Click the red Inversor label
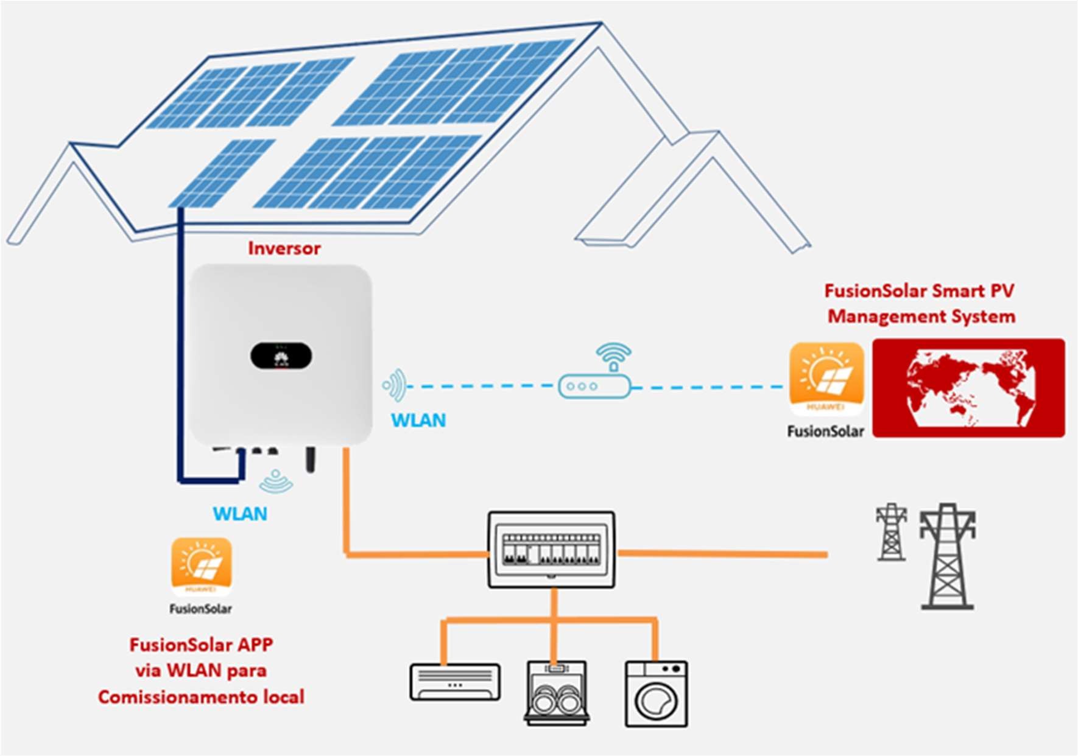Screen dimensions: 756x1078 tap(284, 248)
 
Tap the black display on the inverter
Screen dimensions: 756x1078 tap(281, 356)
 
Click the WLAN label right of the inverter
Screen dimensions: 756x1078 tap(418, 420)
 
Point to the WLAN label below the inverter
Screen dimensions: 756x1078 tap(240, 514)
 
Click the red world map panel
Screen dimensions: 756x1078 tap(968, 388)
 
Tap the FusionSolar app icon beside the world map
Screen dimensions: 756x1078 tap(826, 379)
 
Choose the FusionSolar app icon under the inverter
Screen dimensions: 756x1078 tap(202, 567)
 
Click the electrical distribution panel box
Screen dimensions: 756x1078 tap(551, 550)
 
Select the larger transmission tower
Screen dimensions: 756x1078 tap(948, 557)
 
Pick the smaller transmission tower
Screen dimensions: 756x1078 tap(892, 532)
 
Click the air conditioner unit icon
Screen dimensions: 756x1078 tap(456, 682)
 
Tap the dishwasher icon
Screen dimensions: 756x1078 tap(557, 693)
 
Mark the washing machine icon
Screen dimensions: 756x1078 tap(657, 694)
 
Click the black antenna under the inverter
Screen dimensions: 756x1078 tap(311, 460)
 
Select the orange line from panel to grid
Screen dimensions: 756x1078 tap(722, 554)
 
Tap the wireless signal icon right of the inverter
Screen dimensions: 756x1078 tap(395, 385)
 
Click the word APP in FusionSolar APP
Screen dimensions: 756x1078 tap(255, 645)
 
